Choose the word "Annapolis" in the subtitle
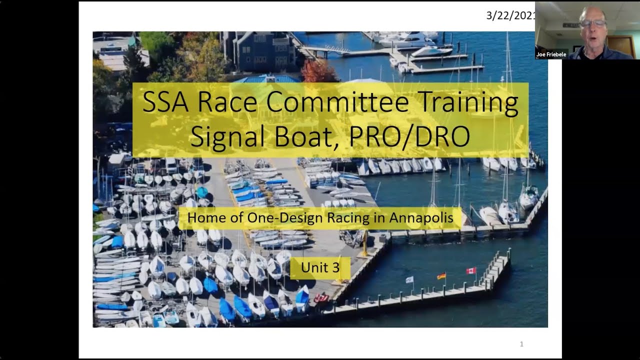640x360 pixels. tap(421, 218)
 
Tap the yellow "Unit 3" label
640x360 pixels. tap(320, 267)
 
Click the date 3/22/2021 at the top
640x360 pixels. tap(510, 15)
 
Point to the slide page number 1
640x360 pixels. tap(521, 344)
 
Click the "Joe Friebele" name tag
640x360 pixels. tap(551, 54)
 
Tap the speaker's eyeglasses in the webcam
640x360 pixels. tap(593, 23)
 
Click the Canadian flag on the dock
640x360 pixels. tap(471, 271)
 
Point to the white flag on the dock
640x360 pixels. tap(409, 279)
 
